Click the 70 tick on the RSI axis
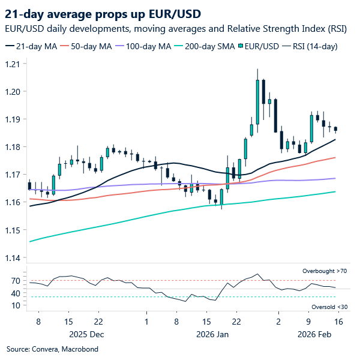point(16,281)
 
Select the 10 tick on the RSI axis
point(16,305)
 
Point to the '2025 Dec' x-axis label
point(86,333)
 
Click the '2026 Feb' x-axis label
point(316,333)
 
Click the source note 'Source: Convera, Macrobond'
point(52,349)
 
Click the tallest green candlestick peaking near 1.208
point(257,99)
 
